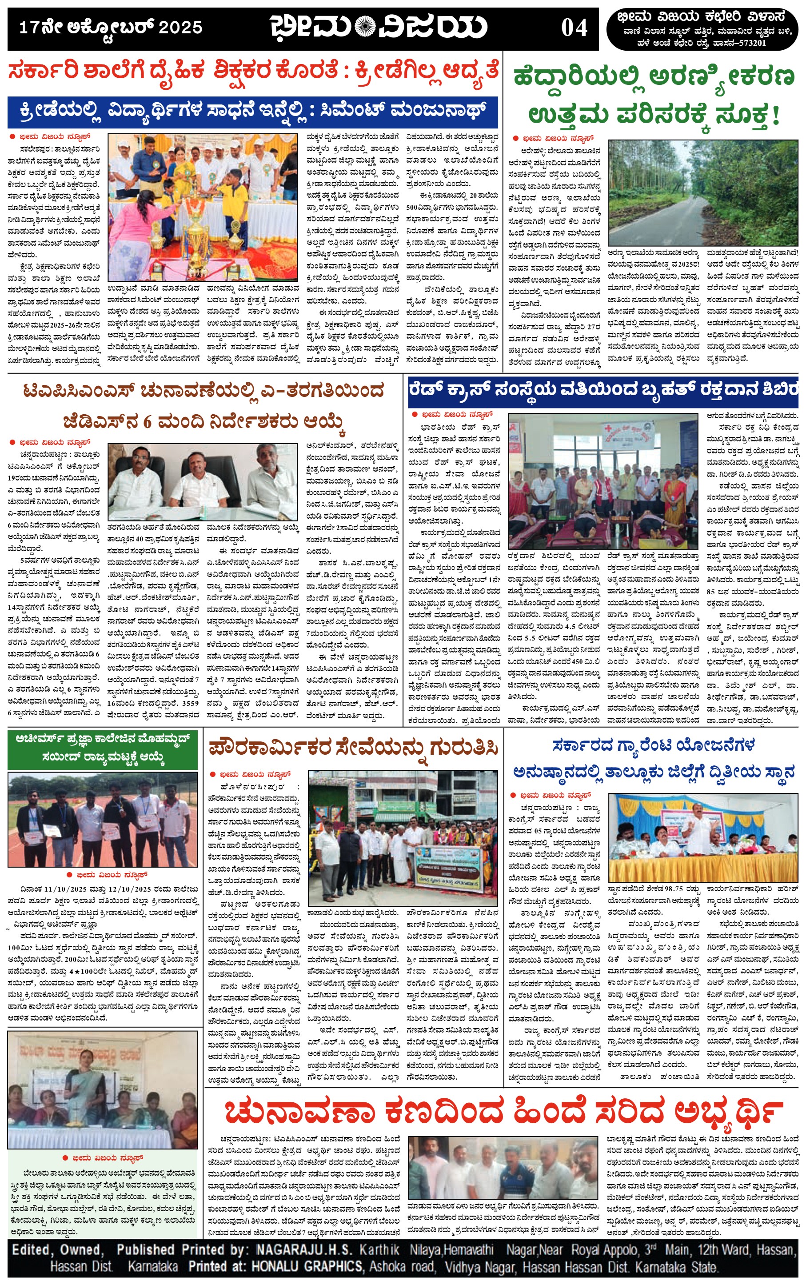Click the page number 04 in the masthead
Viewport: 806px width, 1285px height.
coord(574,28)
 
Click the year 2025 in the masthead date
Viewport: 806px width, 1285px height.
coord(180,27)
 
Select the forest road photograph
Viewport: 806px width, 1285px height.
coord(703,192)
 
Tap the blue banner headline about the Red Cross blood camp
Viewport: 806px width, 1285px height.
coord(603,390)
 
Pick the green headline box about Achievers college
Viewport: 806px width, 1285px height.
coord(102,749)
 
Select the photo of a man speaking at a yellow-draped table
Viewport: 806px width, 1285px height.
coord(702,837)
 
